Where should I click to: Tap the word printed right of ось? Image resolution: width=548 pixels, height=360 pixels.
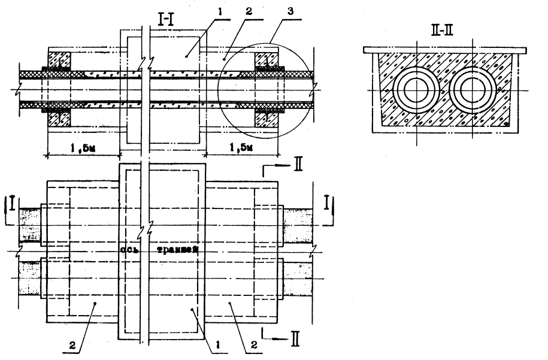pyautogui.click(x=179, y=249)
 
